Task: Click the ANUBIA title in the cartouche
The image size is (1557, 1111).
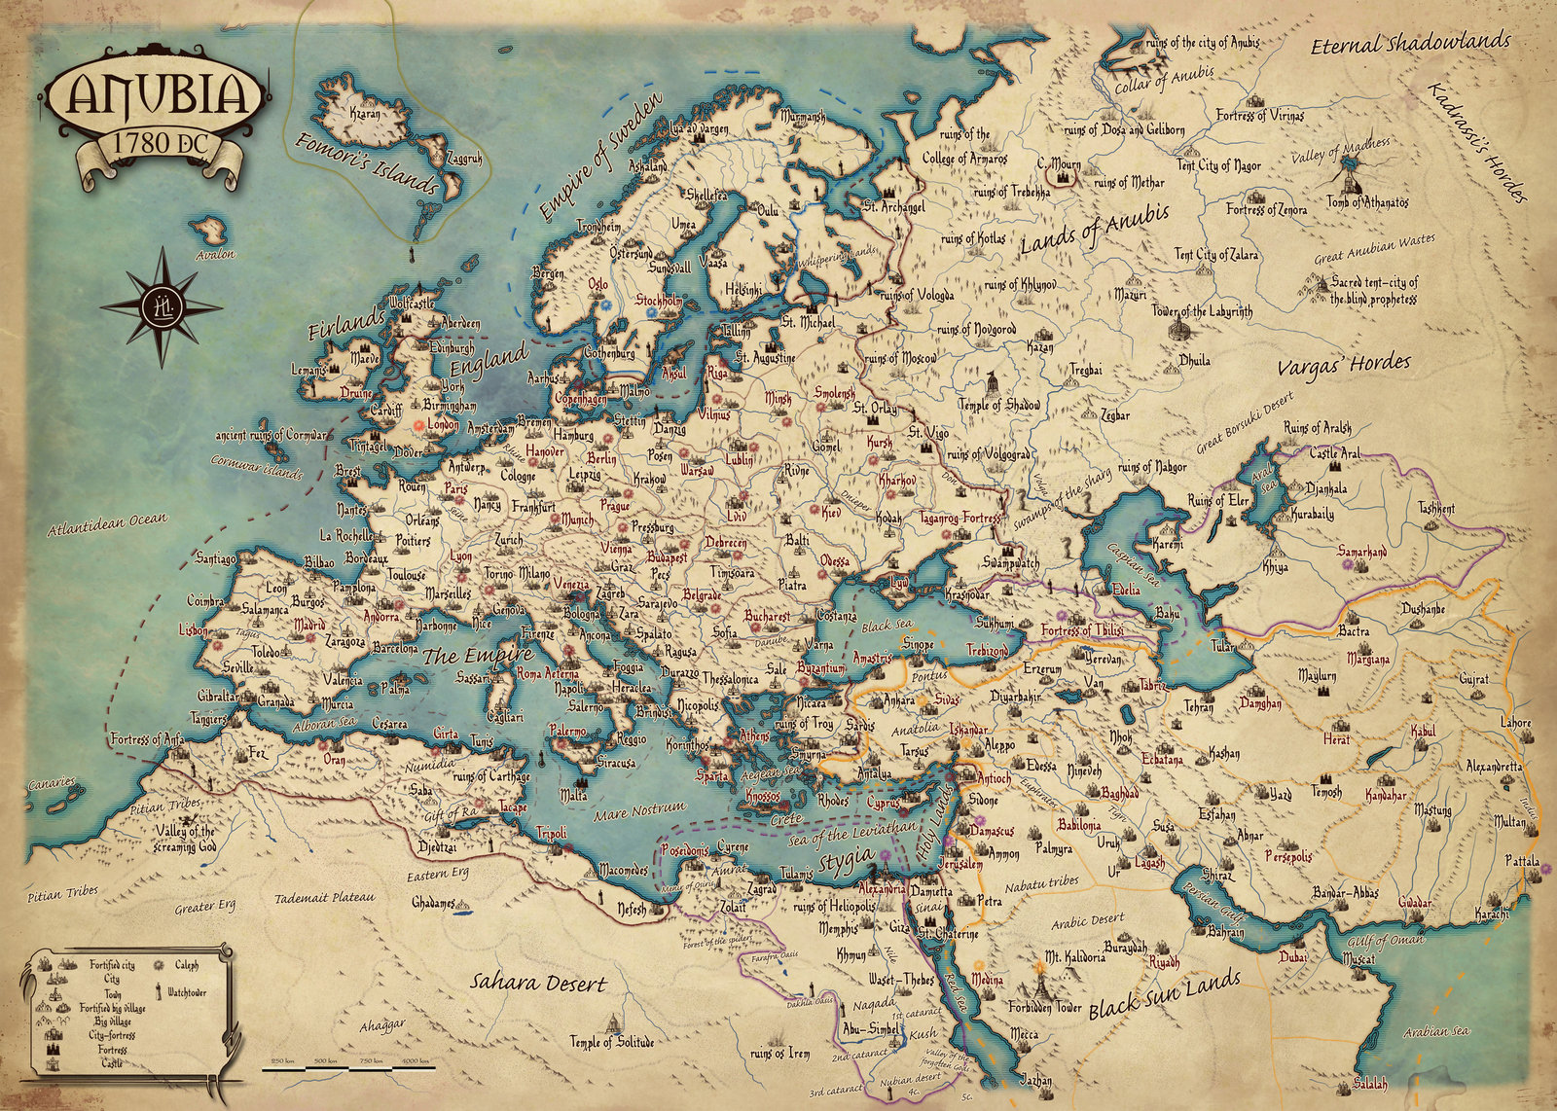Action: tap(156, 94)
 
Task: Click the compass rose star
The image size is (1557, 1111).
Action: tap(162, 305)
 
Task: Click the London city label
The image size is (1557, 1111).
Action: tap(442, 425)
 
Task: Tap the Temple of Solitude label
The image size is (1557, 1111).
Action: tap(612, 1042)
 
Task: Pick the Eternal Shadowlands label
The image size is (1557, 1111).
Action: tap(1410, 43)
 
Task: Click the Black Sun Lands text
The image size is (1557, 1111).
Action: tap(1164, 994)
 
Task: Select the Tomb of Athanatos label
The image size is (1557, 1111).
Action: tap(1366, 202)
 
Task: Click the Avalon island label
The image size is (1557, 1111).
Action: tap(215, 255)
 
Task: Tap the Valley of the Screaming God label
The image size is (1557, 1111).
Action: tap(185, 839)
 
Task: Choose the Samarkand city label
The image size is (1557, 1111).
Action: tap(1361, 552)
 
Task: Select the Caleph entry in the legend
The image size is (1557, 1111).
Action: tap(186, 965)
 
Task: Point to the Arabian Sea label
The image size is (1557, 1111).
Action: tap(1436, 1031)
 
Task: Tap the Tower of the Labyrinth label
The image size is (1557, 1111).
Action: tap(1202, 312)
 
